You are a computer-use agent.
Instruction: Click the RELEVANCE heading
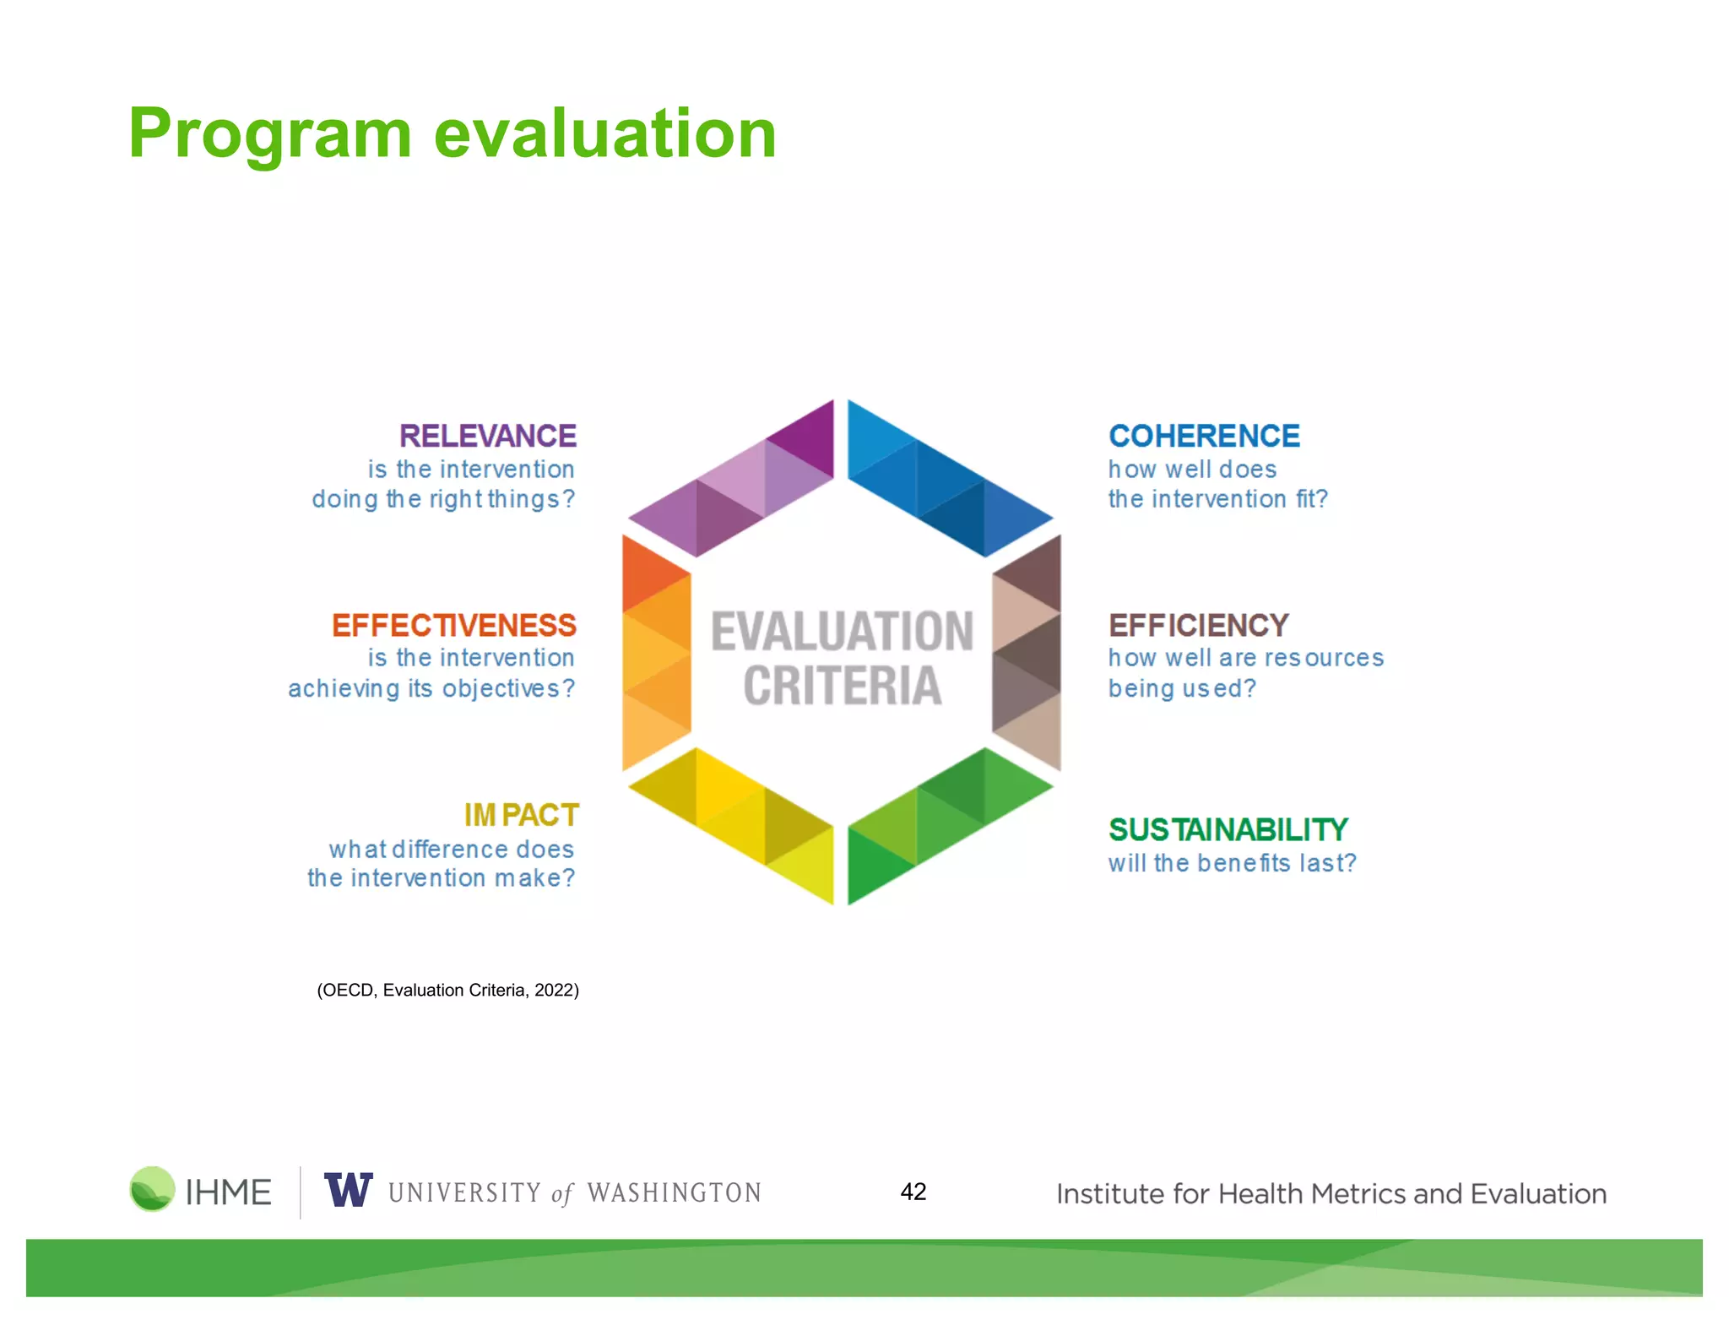(487, 436)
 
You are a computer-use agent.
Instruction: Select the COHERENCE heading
(1203, 436)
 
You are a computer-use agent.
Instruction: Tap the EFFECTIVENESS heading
(453, 625)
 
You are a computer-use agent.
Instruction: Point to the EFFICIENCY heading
(1198, 625)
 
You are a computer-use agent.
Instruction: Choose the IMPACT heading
(521, 815)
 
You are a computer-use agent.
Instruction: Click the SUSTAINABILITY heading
(1228, 829)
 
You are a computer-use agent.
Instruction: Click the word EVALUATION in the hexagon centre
(842, 632)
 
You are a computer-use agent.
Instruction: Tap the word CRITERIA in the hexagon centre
(842, 685)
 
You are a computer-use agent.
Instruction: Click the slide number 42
(913, 1192)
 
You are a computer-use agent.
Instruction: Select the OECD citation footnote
(447, 990)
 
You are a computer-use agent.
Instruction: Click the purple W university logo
(348, 1190)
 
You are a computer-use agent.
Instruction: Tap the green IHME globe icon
(152, 1189)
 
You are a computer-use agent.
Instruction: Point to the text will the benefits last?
(1231, 863)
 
